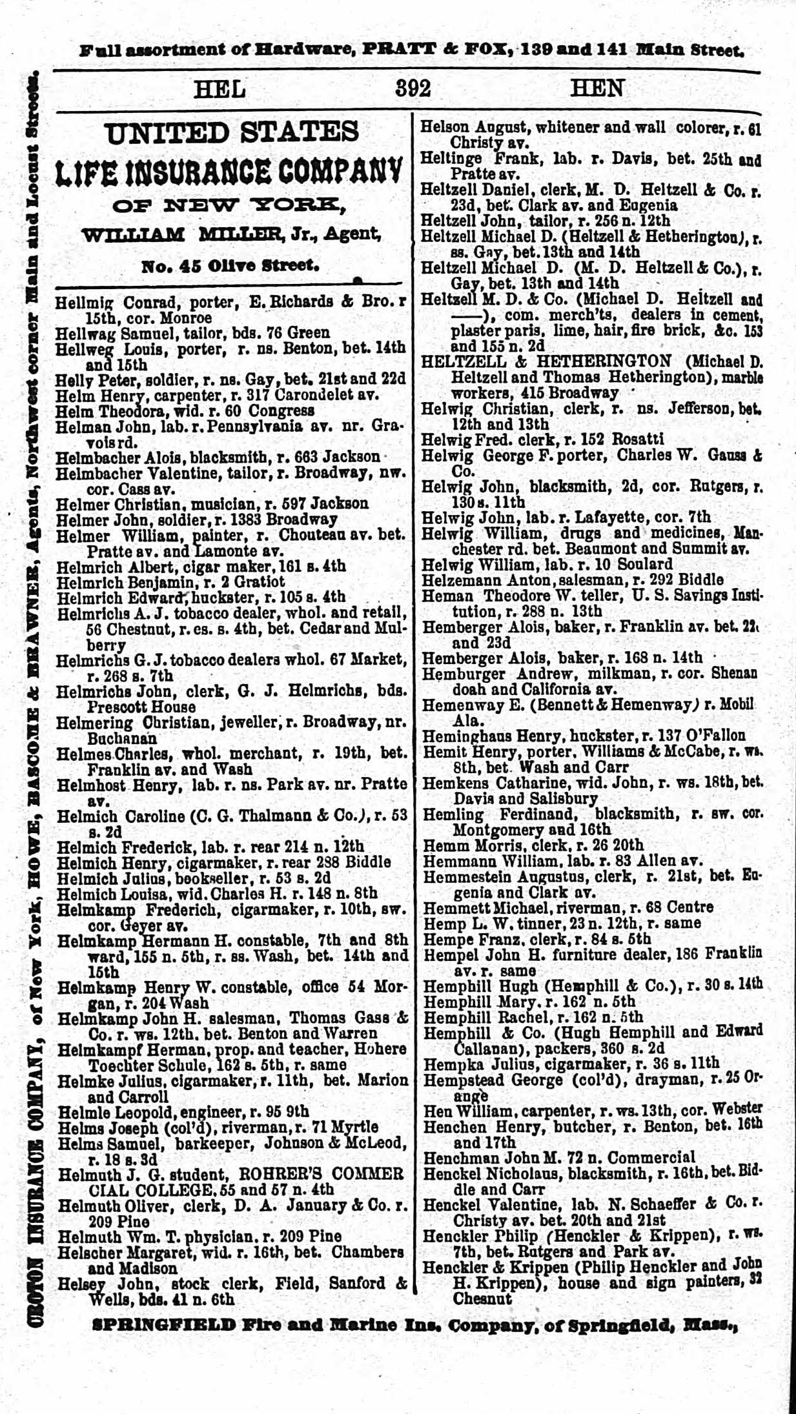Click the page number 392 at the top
[x=413, y=88]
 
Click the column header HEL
[x=219, y=88]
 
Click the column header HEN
[x=597, y=88]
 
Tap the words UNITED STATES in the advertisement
[x=232, y=133]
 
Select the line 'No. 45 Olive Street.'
[x=230, y=265]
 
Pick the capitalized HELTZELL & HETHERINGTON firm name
[x=546, y=361]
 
